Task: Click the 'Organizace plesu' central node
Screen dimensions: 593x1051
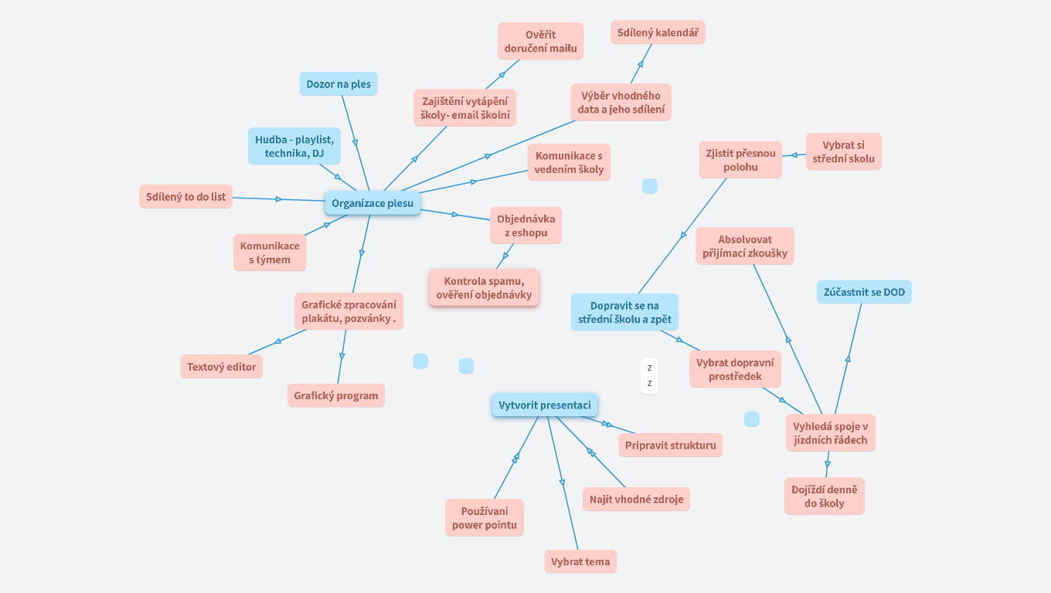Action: pos(372,204)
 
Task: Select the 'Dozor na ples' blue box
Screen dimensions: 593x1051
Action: pos(338,84)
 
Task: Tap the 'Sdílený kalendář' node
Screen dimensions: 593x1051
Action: pos(658,32)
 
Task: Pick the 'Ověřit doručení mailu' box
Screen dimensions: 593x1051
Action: pos(540,41)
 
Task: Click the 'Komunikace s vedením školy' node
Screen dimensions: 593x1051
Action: pos(569,163)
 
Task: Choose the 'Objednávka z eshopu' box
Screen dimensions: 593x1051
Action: pos(525,225)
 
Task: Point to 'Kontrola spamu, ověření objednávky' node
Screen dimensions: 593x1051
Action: pos(484,287)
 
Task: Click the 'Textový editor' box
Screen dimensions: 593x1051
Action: pos(221,367)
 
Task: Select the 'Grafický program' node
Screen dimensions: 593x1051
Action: pos(335,395)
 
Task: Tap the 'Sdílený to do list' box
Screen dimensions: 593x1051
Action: pos(185,197)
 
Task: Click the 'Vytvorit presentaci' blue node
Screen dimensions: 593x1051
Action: pos(545,405)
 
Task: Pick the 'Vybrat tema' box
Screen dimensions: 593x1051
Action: pos(580,561)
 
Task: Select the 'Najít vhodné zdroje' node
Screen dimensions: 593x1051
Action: pos(636,500)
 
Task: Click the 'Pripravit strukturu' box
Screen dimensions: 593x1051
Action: pos(670,445)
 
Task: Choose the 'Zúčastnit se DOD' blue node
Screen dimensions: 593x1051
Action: pos(864,292)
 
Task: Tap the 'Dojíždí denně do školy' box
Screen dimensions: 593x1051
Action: pos(824,496)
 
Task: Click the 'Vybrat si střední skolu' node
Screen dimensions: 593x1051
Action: pos(843,152)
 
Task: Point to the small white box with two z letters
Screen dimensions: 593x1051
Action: pos(649,376)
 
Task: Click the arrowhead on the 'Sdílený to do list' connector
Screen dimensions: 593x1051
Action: pos(279,199)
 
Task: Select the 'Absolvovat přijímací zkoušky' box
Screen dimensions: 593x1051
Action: pos(744,246)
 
